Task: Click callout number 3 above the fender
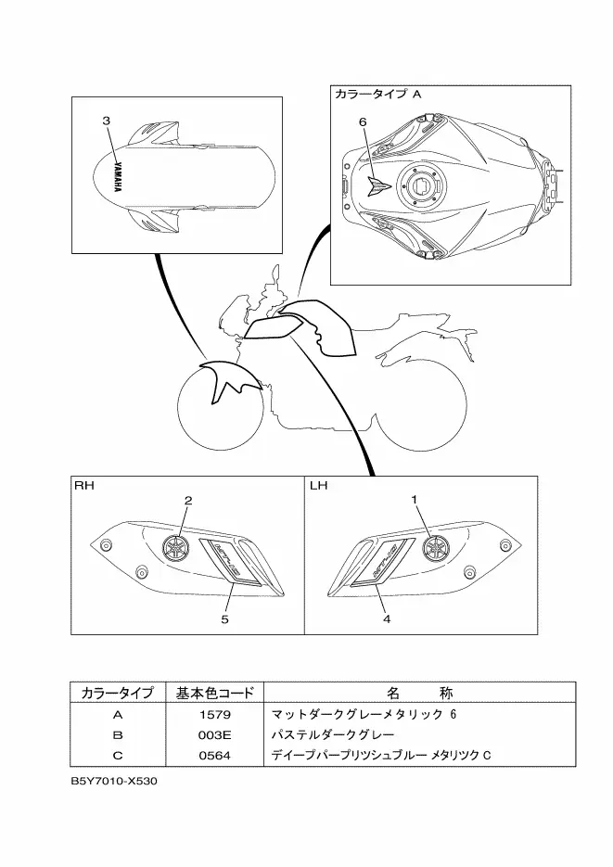point(107,121)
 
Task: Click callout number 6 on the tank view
point(363,121)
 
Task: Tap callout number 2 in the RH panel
point(187,501)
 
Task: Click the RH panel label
point(83,485)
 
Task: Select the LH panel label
point(318,485)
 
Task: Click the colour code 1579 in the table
point(213,715)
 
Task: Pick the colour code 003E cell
point(213,734)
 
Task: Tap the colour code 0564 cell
point(213,755)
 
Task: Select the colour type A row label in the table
point(118,715)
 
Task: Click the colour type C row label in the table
point(118,755)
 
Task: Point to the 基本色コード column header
point(213,693)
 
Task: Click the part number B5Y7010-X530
point(114,781)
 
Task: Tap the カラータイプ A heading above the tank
point(377,96)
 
